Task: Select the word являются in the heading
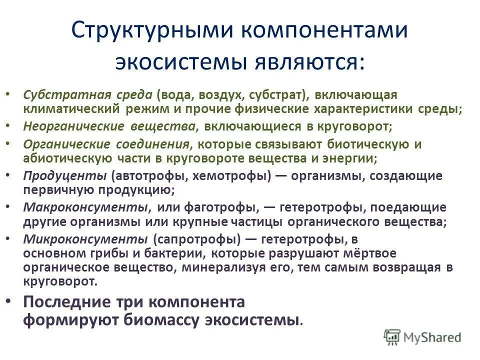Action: (306, 62)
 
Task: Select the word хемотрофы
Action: (238, 176)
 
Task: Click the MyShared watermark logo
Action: (422, 337)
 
